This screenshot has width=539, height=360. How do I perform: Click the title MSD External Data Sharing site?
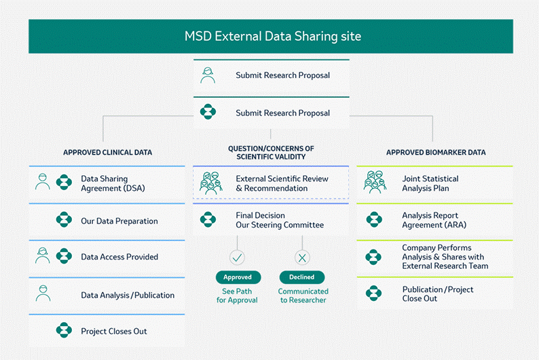tap(273, 35)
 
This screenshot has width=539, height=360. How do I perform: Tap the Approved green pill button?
tap(238, 277)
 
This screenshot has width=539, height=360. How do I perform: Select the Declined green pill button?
tap(302, 277)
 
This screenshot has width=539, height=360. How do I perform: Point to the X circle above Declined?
tap(302, 257)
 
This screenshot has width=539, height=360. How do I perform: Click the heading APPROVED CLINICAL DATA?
tap(107, 152)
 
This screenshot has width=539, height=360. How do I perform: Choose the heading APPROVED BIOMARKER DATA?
tap(436, 152)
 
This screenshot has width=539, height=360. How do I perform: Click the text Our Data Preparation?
tap(119, 221)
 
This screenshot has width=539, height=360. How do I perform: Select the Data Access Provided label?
tap(119, 257)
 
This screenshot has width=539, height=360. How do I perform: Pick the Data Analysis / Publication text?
tap(128, 295)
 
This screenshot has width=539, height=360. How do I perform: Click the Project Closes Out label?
tap(114, 331)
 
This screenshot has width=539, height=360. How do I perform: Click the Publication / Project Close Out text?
tap(438, 293)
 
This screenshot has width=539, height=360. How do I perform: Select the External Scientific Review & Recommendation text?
tap(282, 183)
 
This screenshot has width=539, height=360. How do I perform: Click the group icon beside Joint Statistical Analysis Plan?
tap(375, 183)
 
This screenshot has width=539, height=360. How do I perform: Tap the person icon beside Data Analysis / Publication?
tap(43, 293)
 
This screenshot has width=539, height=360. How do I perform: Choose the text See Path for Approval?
tap(237, 295)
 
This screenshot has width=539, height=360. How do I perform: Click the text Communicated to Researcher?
tap(302, 295)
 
